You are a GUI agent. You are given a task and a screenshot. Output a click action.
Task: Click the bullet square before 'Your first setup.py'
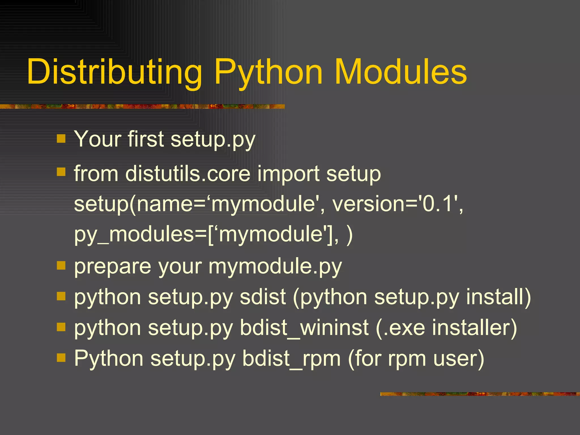click(61, 139)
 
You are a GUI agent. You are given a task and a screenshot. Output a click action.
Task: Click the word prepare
click(112, 267)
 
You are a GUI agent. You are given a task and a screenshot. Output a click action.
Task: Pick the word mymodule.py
click(275, 267)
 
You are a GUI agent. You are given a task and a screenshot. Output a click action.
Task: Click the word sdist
click(263, 297)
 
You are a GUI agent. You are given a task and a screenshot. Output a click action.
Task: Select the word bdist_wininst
click(304, 328)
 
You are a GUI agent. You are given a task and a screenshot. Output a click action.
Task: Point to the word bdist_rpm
click(291, 359)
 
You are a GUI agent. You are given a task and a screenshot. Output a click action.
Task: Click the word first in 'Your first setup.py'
click(146, 139)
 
